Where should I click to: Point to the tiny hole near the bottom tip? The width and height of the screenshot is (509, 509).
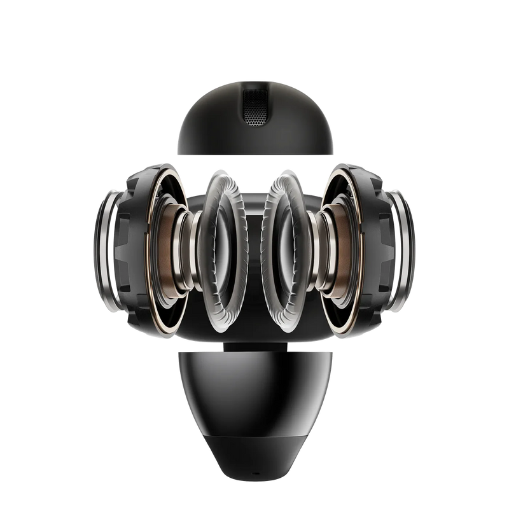coord(254,457)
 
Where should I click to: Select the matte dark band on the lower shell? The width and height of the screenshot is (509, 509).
coord(254,439)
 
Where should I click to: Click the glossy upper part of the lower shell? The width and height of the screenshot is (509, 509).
coord(254,382)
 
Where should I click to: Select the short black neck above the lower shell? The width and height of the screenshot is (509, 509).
coord(254,347)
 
